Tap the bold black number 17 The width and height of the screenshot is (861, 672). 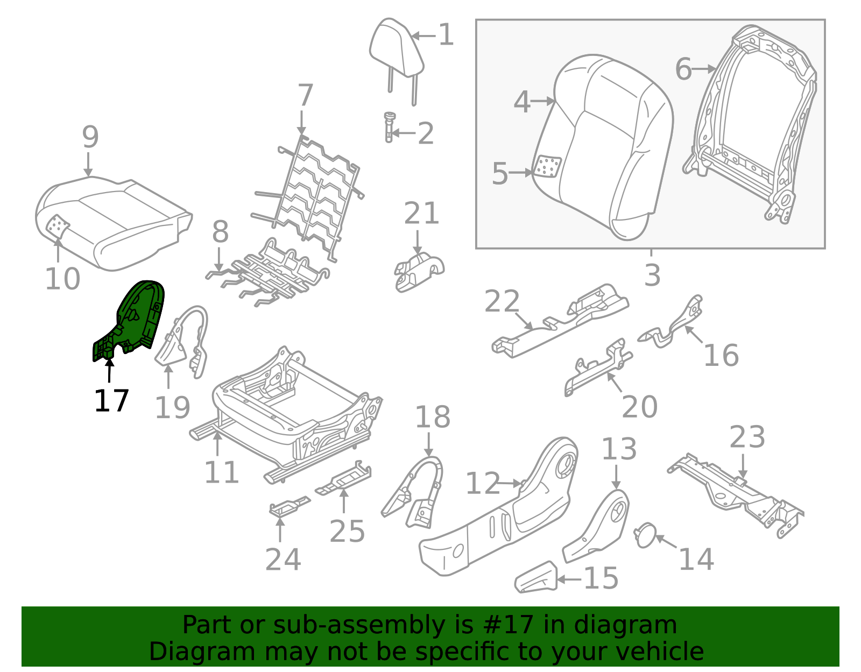click(x=111, y=401)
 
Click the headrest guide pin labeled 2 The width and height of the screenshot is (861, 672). click(x=389, y=127)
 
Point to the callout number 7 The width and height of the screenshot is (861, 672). click(x=305, y=95)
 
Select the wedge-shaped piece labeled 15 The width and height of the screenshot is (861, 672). click(x=535, y=578)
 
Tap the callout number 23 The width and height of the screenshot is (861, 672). click(x=747, y=437)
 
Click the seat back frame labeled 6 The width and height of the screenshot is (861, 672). click(x=753, y=124)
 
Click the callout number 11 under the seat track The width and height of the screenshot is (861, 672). click(x=221, y=472)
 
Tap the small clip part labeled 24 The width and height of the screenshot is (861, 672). click(x=288, y=507)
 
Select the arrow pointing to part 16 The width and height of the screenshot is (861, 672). click(x=694, y=335)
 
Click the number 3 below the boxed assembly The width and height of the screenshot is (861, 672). click(x=652, y=275)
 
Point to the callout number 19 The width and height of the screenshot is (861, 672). click(x=172, y=407)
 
